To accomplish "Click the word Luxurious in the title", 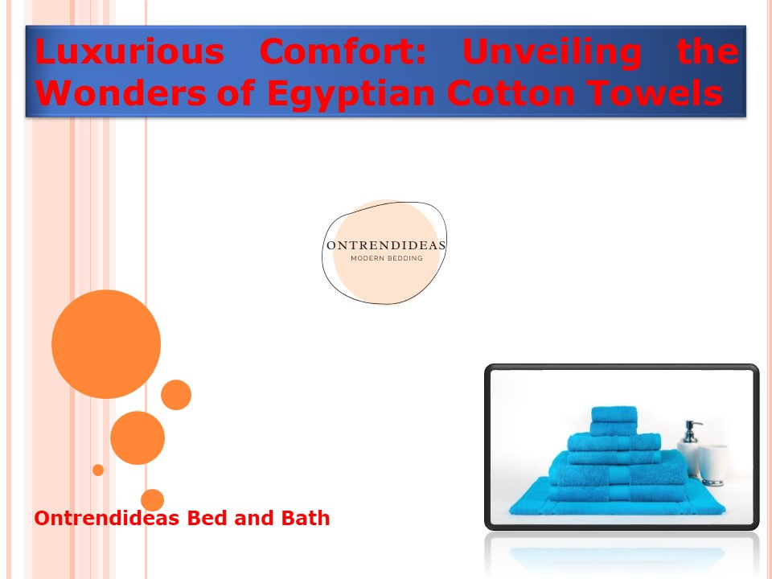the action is coord(129,51).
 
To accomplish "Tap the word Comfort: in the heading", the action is coord(343,51).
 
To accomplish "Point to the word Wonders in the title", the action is coord(121,92).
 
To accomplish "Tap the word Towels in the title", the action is coord(655,92).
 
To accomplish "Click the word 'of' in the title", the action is coord(236,92).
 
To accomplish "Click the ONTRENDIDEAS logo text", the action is coord(386,245).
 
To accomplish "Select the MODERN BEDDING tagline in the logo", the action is coord(387,258).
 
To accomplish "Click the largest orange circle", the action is coord(106,344).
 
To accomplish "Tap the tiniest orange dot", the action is coord(98,470).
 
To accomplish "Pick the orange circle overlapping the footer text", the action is coord(152,500).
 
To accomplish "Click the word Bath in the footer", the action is coord(306,518).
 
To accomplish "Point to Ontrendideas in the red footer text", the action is coord(106,518).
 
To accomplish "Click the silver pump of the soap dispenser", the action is coord(692,431).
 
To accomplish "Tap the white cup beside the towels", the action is coord(712,465).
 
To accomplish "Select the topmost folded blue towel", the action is coord(614,414).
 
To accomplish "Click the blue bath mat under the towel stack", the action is coord(618,503).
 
